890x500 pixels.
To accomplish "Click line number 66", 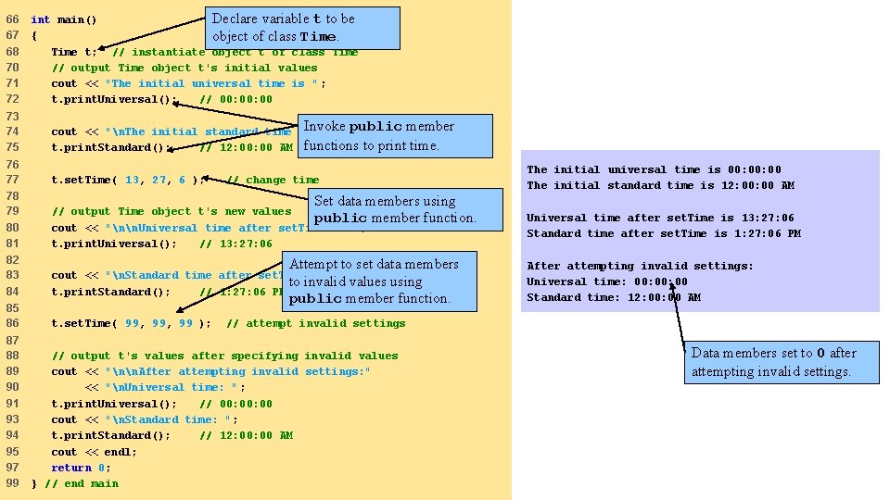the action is pos(12,19).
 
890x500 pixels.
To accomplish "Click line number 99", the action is pos(12,483).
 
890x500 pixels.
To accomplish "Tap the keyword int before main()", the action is pos(40,19).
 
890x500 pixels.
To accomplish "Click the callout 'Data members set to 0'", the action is pos(772,362).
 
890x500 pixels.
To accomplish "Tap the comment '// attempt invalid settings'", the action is pos(315,323).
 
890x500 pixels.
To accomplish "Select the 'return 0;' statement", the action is pos(81,468).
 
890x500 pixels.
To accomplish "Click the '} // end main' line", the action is pos(74,483).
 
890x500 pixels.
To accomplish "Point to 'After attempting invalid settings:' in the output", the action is pos(640,266).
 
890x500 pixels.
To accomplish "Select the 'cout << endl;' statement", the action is pos(94,452).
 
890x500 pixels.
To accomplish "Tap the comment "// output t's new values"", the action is pos(172,211).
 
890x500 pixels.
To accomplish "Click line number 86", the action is pos(12,323).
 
